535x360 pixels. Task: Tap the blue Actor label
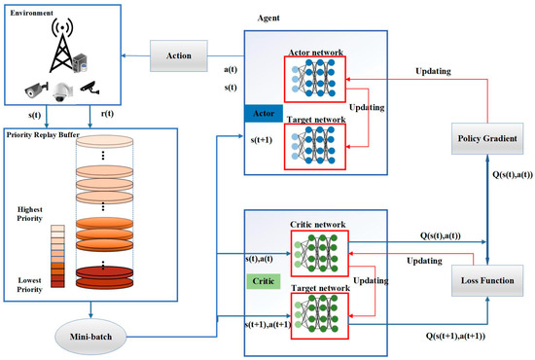pyautogui.click(x=263, y=115)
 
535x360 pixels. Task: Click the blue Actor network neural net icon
pyautogui.click(x=317, y=79)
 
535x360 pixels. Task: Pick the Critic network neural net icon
pyautogui.click(x=317, y=245)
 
